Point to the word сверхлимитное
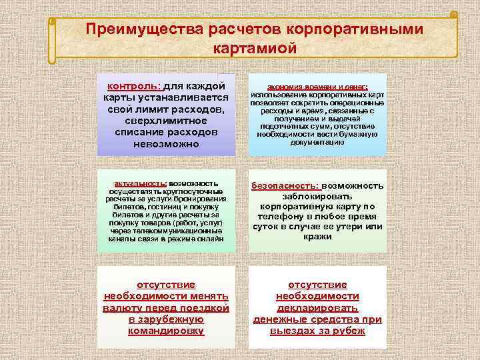click(x=165, y=121)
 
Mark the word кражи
click(x=317, y=237)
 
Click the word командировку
click(x=166, y=331)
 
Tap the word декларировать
click(x=317, y=308)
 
